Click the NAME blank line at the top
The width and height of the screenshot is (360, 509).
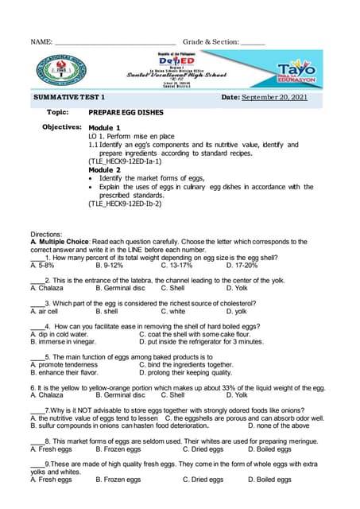pos(114,41)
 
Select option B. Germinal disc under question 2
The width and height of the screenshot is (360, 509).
pos(120,289)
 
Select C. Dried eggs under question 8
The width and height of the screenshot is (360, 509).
pos(203,449)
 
